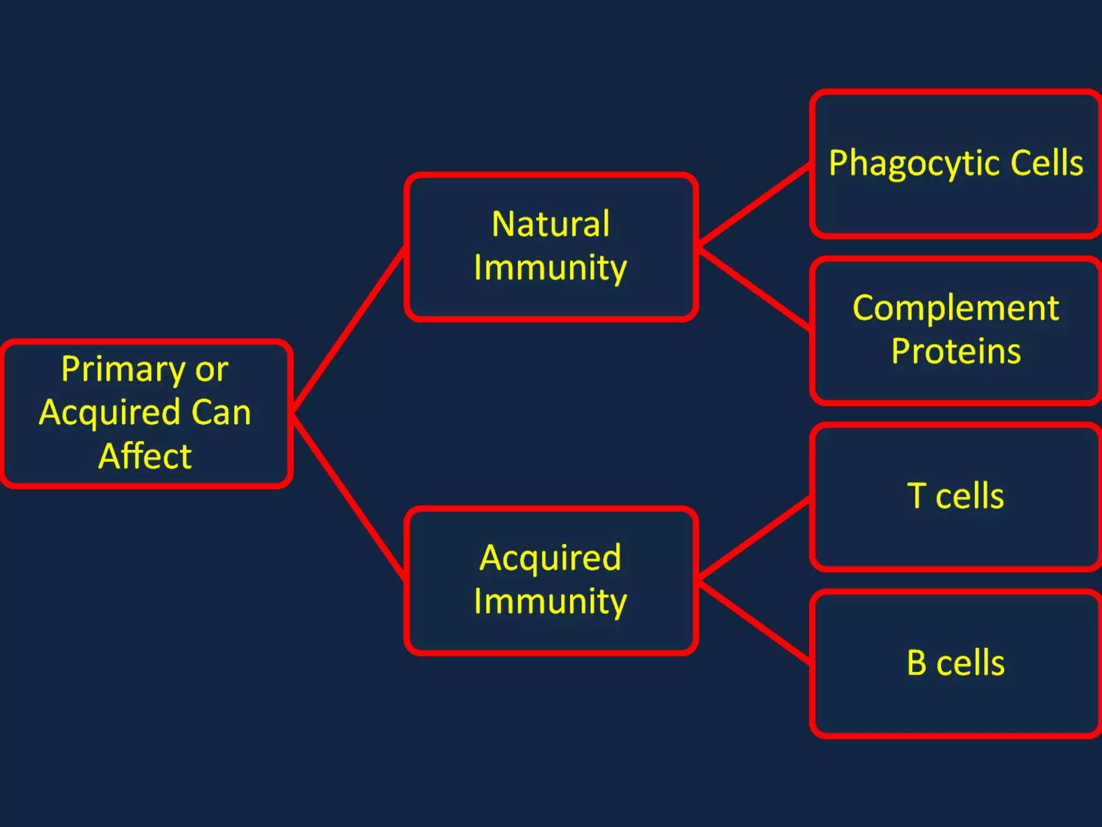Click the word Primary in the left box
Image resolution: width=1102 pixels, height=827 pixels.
point(123,370)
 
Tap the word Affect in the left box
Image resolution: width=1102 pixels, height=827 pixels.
point(145,456)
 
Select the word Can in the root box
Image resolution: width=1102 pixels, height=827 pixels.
point(221,413)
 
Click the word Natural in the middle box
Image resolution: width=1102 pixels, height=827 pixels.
point(550,224)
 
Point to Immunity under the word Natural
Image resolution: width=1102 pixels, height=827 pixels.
point(550,268)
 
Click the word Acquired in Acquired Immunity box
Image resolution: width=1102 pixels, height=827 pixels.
point(550,558)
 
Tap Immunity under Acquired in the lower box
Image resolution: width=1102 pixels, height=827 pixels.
point(550,601)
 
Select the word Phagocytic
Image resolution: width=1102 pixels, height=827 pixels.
point(915,164)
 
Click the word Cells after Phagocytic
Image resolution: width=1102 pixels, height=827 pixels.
point(1047,163)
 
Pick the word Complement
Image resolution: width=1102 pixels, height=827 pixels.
point(956,309)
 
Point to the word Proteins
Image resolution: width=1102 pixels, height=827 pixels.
point(956,352)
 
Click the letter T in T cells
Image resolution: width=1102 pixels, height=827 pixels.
point(916,495)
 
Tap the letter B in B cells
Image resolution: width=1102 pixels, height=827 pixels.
point(916,662)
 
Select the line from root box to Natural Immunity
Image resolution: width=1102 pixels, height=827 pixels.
point(349,330)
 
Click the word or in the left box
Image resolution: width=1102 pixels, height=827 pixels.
point(211,370)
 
